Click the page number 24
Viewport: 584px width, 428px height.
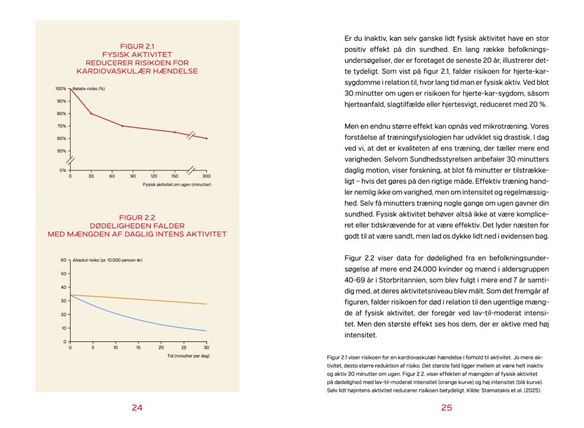pos(137,407)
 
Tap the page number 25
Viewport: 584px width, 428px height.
pos(446,407)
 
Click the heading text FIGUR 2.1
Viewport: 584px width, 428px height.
pos(137,46)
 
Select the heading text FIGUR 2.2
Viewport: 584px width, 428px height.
pos(137,217)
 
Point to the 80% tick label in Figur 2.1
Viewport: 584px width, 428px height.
pos(60,113)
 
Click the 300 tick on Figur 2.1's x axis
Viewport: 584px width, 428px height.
pos(206,176)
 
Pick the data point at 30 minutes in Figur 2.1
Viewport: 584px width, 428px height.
pos(91,113)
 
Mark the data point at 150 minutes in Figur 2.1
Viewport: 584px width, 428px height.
pos(175,132)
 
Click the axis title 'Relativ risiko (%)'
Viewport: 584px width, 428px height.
pos(89,89)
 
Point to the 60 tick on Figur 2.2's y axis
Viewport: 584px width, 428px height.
pos(64,260)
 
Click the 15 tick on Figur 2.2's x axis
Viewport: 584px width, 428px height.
pos(138,347)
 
